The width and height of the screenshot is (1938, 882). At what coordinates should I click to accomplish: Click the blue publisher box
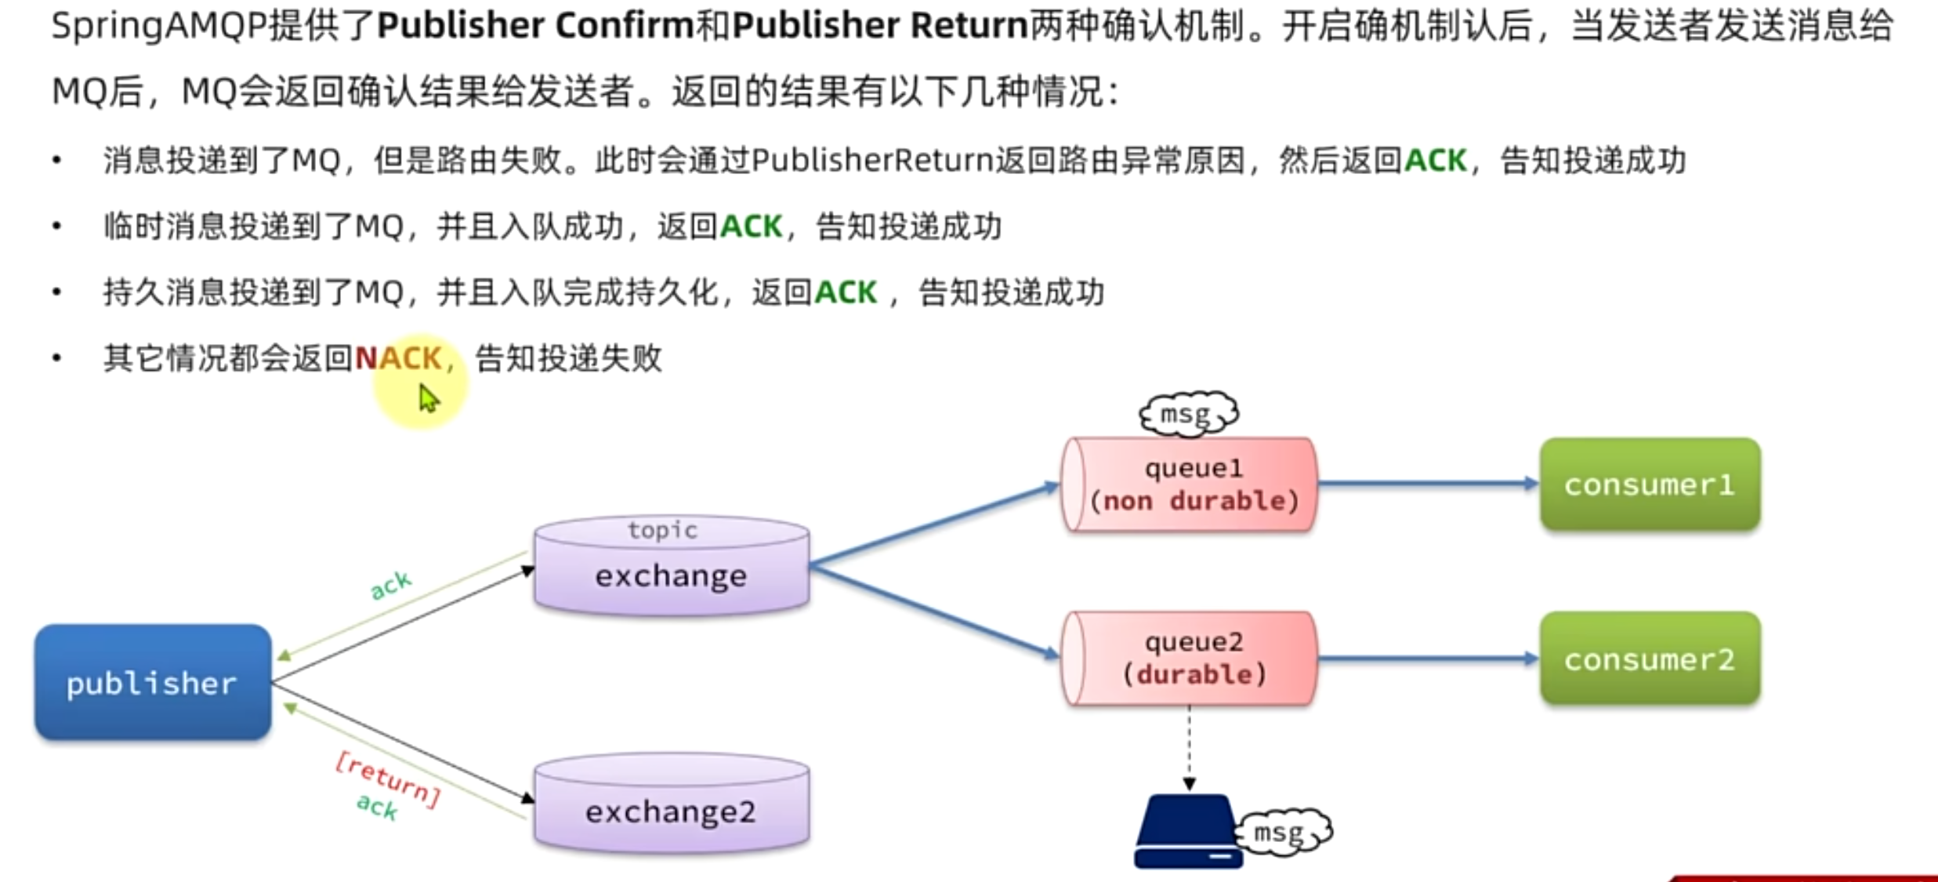pyautogui.click(x=153, y=682)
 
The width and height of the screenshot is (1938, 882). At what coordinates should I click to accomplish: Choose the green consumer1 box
pyautogui.click(x=1650, y=485)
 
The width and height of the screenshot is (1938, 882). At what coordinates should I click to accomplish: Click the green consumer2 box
pyautogui.click(x=1650, y=659)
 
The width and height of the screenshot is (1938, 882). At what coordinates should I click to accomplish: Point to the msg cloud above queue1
pyautogui.click(x=1187, y=413)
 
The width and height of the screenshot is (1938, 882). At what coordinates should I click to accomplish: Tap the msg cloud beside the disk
pyautogui.click(x=1282, y=832)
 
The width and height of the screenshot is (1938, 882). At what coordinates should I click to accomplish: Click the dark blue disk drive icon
pyautogui.click(x=1186, y=833)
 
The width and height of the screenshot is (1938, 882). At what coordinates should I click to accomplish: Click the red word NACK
pyautogui.click(x=398, y=358)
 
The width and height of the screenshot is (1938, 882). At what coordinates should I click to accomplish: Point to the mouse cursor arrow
pyautogui.click(x=428, y=398)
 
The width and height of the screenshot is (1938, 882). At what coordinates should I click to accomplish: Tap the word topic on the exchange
pyautogui.click(x=662, y=531)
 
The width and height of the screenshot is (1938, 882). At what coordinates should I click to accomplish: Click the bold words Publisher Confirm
pyautogui.click(x=535, y=26)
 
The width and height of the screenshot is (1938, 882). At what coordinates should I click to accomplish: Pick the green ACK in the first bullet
pyautogui.click(x=1435, y=161)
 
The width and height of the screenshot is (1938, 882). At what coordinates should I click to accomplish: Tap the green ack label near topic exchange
pyautogui.click(x=390, y=585)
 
